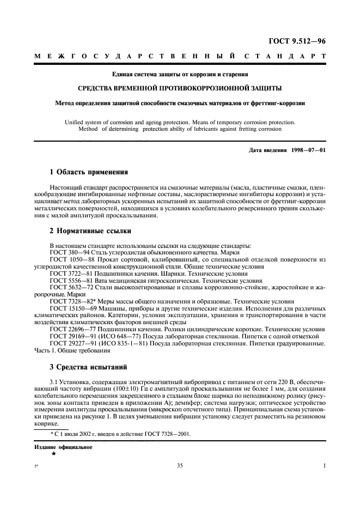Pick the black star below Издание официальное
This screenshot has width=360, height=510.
(x=53, y=453)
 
